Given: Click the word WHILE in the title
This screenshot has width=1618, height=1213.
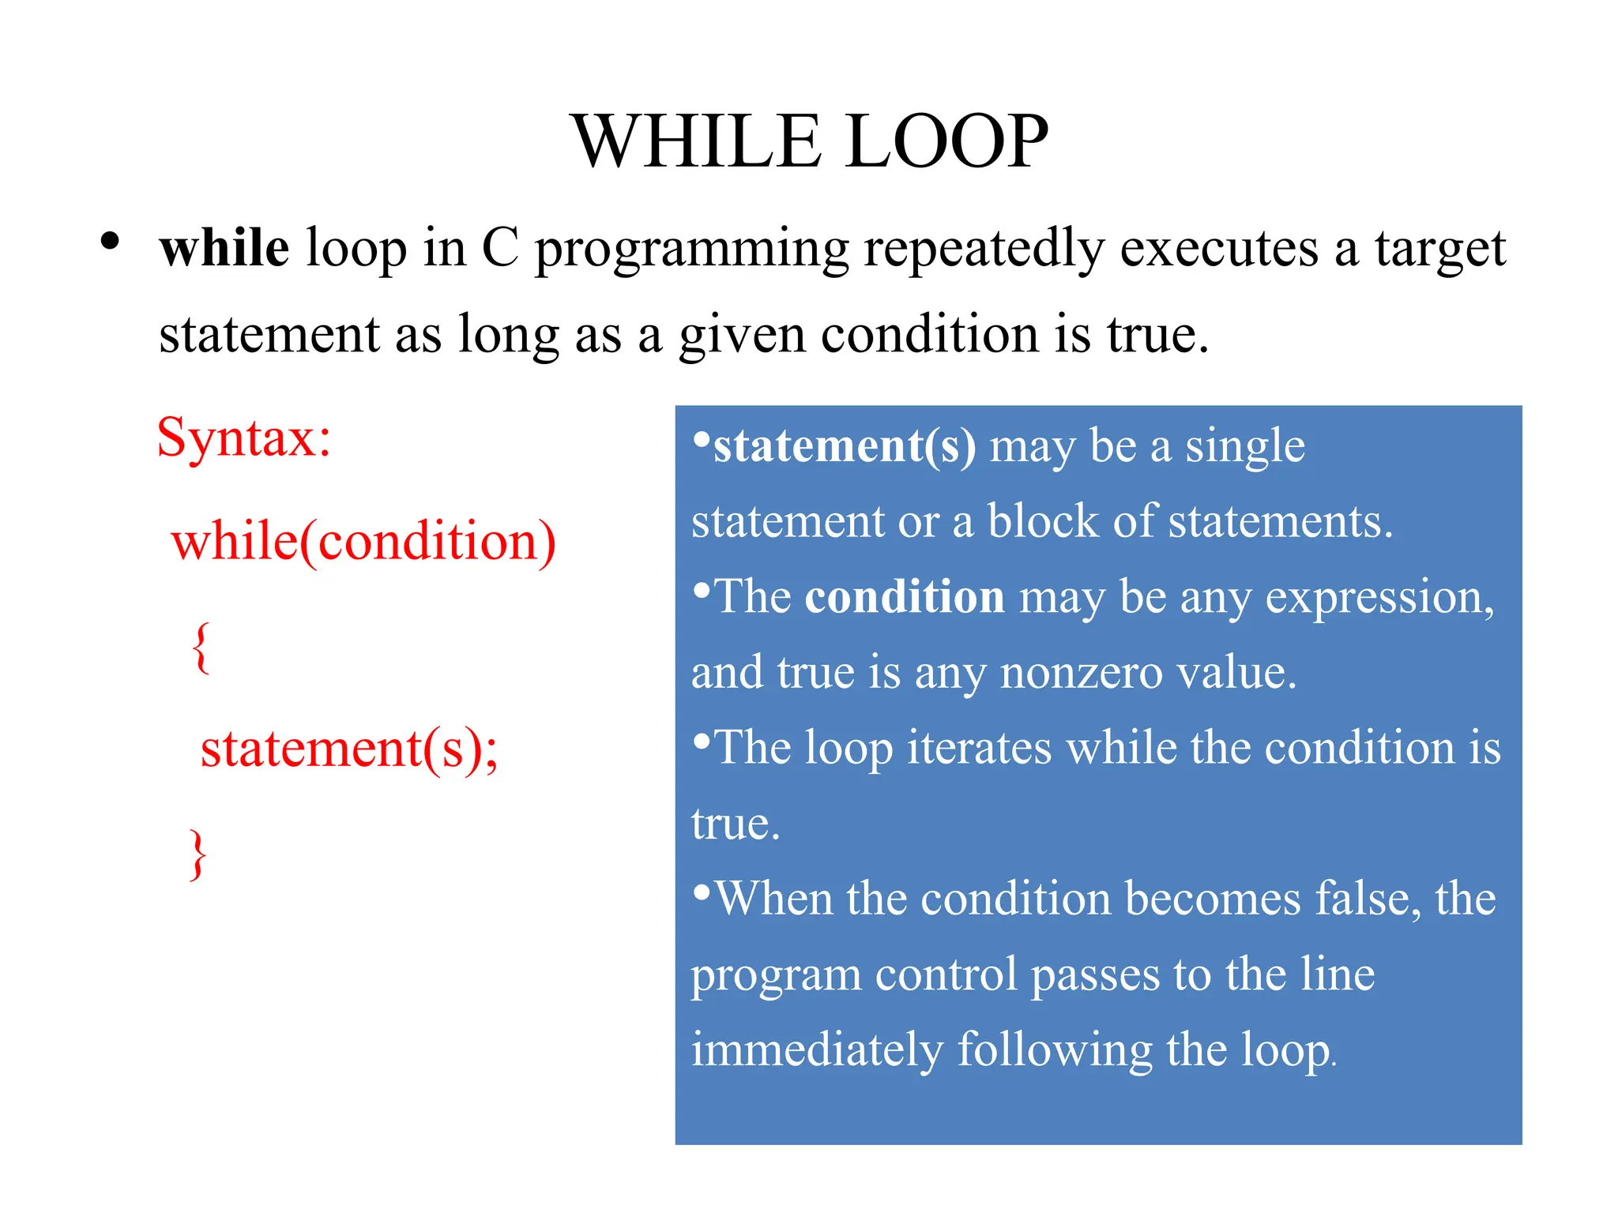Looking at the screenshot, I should click(696, 142).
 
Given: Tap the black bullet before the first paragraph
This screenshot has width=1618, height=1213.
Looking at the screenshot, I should click(110, 241).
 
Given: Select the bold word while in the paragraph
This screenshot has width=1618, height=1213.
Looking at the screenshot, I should click(224, 248).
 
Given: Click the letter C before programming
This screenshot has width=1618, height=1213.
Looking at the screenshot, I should click(500, 248).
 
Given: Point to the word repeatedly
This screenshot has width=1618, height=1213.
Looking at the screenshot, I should click(983, 250).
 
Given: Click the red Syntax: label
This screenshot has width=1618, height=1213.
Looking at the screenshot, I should click(244, 438).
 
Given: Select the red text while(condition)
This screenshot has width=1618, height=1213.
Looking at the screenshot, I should click(363, 543).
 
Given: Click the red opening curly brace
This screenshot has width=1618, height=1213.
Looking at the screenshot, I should click(201, 647).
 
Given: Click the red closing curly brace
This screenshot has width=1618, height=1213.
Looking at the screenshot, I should click(198, 854).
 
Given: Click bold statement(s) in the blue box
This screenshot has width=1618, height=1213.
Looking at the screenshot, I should click(844, 446).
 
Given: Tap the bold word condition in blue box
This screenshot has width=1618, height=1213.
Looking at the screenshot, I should click(905, 596).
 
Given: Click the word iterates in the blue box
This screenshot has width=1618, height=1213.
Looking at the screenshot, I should click(979, 747).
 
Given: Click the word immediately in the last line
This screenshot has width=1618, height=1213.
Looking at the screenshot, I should click(817, 1050).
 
